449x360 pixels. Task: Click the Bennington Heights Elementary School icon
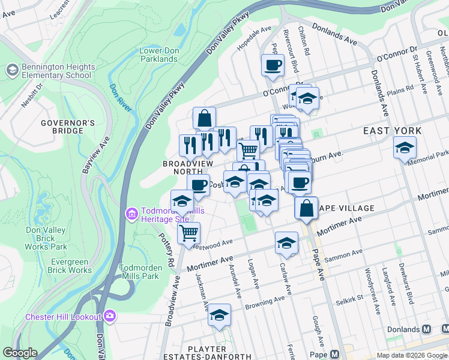(x=12, y=71)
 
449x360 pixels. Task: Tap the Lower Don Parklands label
(x=158, y=55)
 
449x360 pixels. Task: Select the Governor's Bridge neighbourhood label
(x=68, y=127)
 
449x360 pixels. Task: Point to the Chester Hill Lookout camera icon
(x=109, y=316)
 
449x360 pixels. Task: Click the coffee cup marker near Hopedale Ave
(x=273, y=65)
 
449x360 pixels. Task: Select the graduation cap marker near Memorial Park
(x=405, y=147)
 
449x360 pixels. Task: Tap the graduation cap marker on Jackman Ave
(x=219, y=314)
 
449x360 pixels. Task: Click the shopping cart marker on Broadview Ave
(x=189, y=232)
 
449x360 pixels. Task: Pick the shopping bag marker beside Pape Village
(x=306, y=208)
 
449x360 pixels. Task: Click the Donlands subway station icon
(x=427, y=329)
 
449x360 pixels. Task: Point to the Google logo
(x=20, y=353)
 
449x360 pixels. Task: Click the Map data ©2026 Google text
(x=411, y=355)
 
